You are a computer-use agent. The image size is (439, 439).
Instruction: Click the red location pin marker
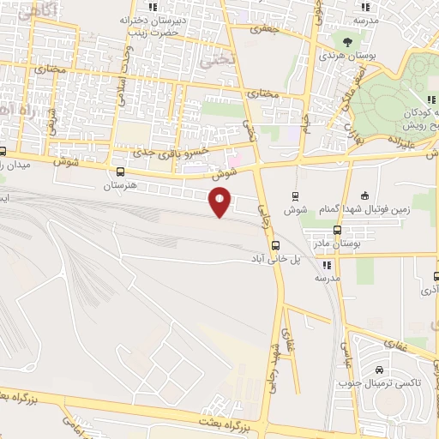[x=220, y=202]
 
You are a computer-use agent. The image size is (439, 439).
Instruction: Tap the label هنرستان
[x=120, y=185]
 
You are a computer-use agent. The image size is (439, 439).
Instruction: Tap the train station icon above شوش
[x=297, y=196]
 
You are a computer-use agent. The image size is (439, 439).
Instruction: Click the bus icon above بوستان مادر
[x=336, y=230]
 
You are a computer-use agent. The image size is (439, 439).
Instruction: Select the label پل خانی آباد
[x=274, y=258]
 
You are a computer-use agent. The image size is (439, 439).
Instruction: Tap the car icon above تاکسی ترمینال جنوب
[x=379, y=370]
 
